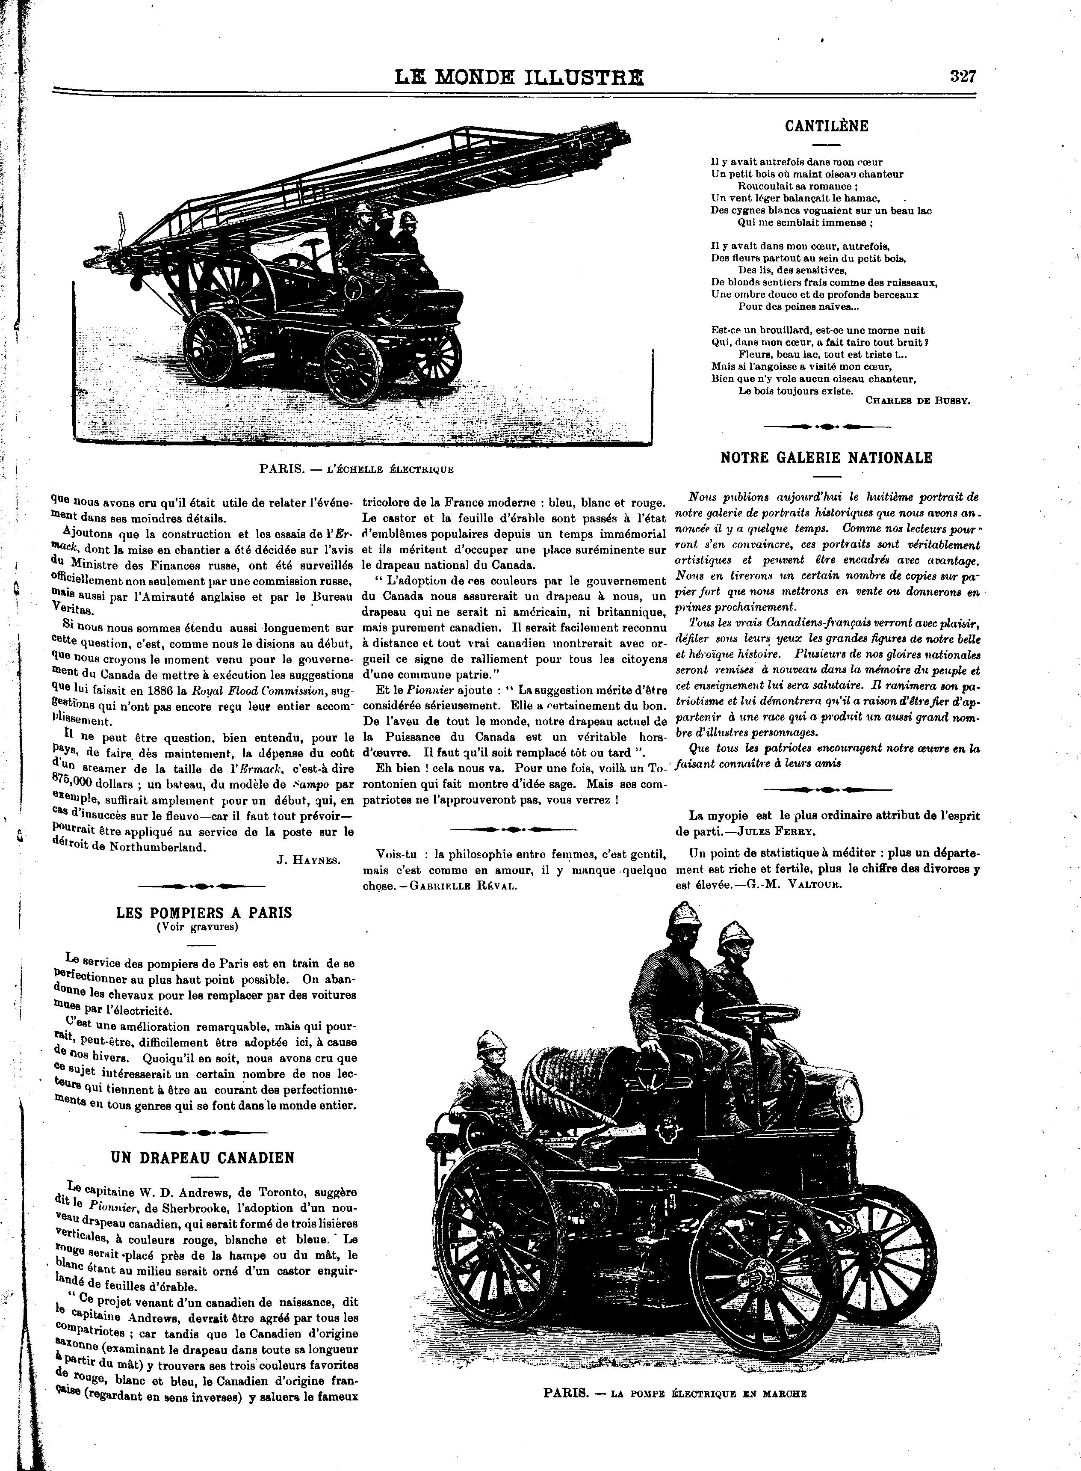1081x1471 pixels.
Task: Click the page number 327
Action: [x=963, y=77]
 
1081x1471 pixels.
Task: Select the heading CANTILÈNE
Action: [x=827, y=126]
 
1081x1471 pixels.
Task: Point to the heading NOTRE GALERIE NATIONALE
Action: [x=827, y=458]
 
